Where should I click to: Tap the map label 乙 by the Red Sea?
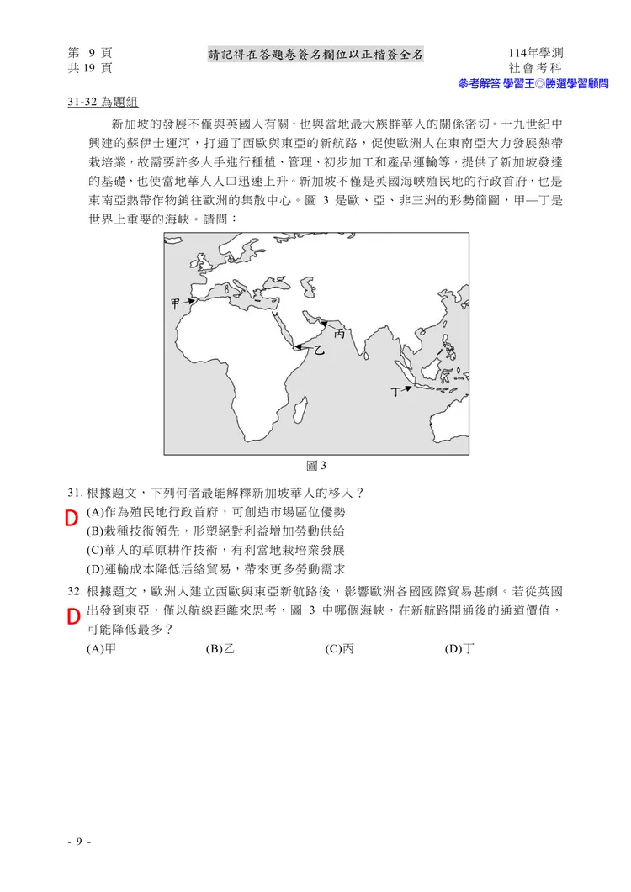pyautogui.click(x=320, y=349)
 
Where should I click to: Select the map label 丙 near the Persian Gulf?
pyautogui.click(x=340, y=334)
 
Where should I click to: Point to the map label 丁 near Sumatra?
pyautogui.click(x=395, y=391)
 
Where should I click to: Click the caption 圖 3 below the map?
pyautogui.click(x=315, y=466)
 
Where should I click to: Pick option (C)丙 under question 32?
pyautogui.click(x=338, y=649)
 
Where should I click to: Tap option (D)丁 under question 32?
pyautogui.click(x=459, y=649)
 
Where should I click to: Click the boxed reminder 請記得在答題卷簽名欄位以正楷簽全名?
pyautogui.click(x=315, y=55)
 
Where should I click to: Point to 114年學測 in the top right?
pyautogui.click(x=535, y=53)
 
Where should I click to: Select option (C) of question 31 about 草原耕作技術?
pyautogui.click(x=215, y=550)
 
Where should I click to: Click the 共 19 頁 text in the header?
pyautogui.click(x=91, y=68)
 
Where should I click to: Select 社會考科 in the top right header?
pyautogui.click(x=535, y=68)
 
